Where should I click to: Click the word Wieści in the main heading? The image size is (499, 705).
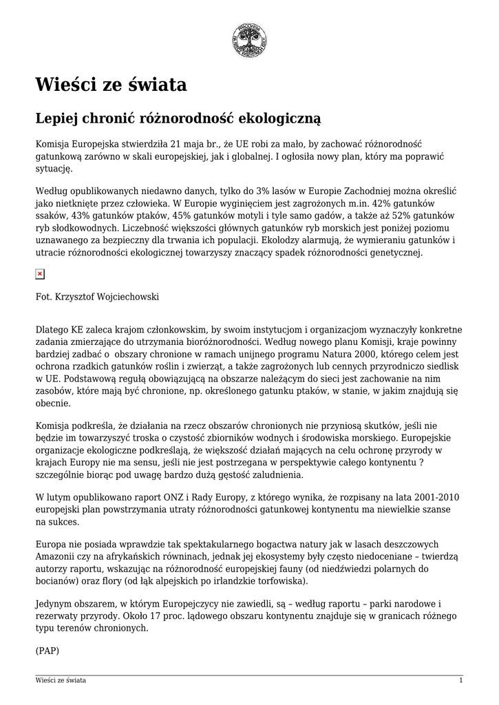click(66, 85)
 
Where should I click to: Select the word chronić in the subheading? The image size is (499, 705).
click(114, 118)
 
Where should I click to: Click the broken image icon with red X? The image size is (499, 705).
click(40, 274)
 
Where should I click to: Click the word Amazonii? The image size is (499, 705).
click(56, 557)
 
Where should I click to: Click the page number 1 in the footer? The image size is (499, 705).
click(460, 681)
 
